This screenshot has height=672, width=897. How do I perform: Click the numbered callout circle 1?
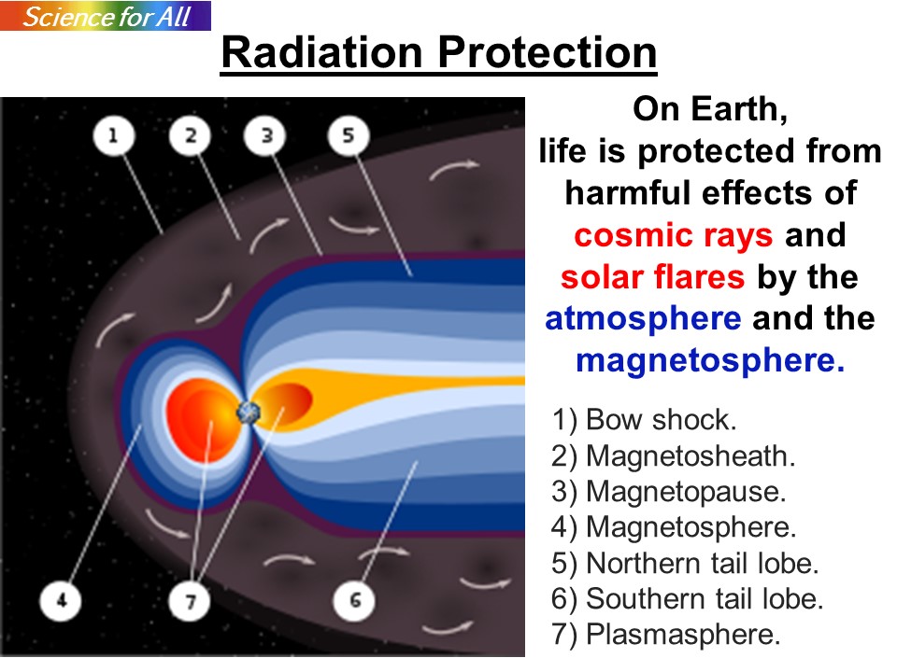113,135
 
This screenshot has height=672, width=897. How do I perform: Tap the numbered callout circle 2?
191,135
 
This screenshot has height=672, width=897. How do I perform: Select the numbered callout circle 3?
266,135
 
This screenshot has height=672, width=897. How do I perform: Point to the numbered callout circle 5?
349,135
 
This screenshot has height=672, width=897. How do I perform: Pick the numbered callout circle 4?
62,600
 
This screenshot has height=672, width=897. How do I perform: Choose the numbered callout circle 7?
191,600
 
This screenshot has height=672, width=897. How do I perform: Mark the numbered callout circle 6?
355,600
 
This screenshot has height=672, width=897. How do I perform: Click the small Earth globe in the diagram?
249,411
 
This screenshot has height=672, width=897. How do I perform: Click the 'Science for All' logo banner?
106,16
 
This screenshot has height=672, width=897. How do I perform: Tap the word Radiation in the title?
322,52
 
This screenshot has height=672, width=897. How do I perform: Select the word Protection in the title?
548,52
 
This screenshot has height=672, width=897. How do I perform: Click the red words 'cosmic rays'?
674,235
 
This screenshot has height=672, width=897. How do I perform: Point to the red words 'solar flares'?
653,277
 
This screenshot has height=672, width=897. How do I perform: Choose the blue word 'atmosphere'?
643,319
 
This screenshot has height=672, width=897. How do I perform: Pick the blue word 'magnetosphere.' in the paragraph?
710,360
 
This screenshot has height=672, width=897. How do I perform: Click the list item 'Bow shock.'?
644,420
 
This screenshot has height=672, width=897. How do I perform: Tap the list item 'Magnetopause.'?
669,492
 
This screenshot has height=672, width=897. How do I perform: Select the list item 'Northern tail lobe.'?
685,563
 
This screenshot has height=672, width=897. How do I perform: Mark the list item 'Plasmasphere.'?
666,635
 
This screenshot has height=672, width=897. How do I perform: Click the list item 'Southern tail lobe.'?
687,599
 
